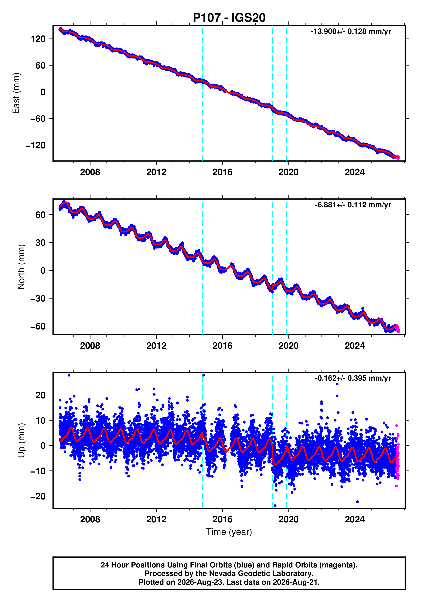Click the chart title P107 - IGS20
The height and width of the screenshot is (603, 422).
point(229,18)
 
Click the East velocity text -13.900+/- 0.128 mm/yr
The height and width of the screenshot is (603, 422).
point(351,31)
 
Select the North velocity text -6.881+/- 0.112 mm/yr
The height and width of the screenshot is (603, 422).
point(353,205)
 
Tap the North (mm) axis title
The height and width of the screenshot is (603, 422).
point(21,267)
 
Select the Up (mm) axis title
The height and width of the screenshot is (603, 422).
point(21,440)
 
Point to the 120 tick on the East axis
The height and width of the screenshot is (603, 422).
point(38,39)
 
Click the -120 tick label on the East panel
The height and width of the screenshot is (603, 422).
point(36,145)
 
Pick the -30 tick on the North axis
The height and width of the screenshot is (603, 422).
point(38,298)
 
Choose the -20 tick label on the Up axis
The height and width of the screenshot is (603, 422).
point(38,496)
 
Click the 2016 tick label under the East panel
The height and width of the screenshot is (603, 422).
point(222,172)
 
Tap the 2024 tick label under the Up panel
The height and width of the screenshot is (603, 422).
point(355,519)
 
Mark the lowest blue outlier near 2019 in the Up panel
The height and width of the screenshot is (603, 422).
point(275,506)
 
